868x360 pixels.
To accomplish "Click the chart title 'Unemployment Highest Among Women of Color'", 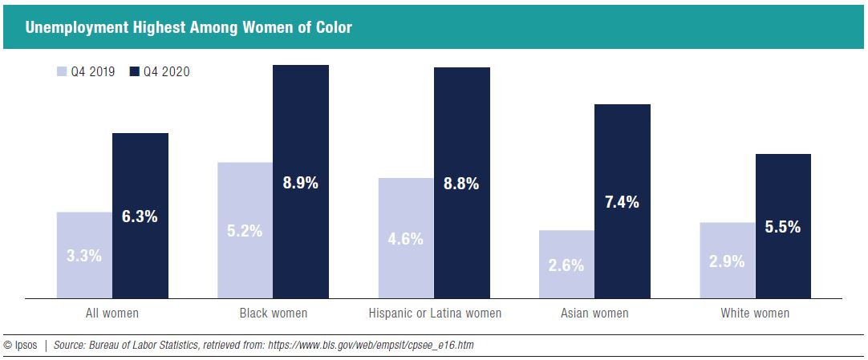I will pos(189,27).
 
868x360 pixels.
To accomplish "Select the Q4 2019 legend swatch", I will pos(62,72).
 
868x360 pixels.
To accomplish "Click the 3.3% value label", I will pos(84,257).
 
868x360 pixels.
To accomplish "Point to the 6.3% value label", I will pos(140,216).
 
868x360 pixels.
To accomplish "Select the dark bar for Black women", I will pos(301,120).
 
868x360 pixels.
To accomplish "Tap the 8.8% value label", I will pos(461,184).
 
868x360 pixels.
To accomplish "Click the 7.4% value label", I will pos(622,202).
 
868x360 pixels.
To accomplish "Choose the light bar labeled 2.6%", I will pos(567,265).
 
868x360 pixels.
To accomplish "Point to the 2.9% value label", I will pos(728,261).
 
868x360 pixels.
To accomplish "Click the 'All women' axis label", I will pos(112,313).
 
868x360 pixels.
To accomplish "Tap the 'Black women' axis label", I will pos(273,313).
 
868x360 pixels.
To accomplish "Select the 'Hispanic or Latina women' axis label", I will pos(435,313).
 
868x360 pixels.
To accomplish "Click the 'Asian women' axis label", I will pos(594,313).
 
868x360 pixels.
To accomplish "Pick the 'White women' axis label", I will pos(755,313).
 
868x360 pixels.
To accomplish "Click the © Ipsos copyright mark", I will pos(21,345).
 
